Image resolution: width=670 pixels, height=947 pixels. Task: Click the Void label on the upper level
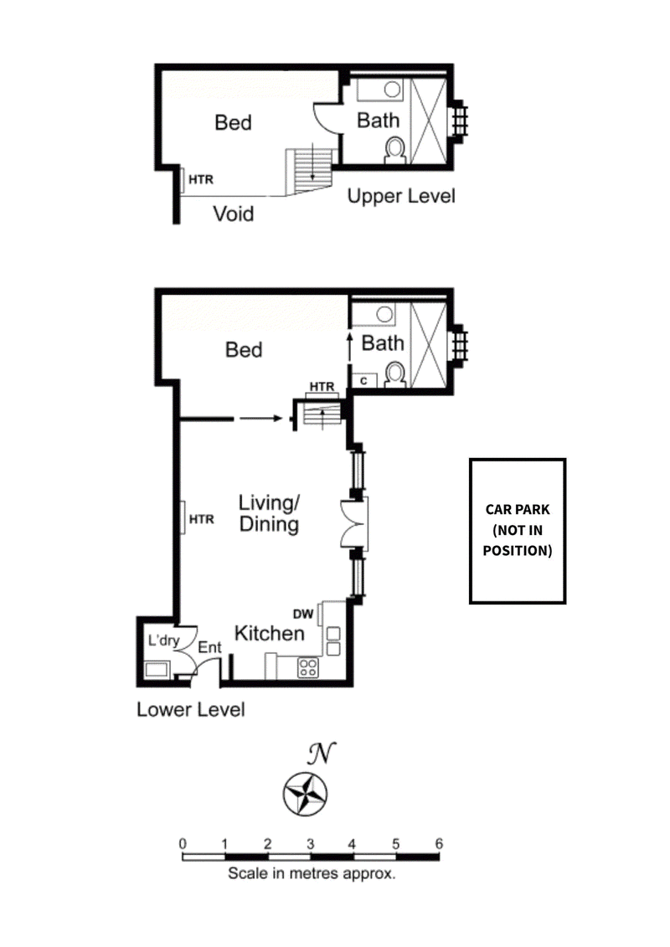click(x=233, y=214)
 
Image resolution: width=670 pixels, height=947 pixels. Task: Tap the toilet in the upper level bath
click(x=395, y=151)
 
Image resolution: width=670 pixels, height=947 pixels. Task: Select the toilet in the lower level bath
click(x=395, y=374)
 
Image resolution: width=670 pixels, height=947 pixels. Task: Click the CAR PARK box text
click(x=518, y=530)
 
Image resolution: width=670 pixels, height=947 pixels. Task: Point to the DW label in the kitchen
click(x=303, y=615)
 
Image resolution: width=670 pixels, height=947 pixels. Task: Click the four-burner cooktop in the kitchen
click(x=308, y=667)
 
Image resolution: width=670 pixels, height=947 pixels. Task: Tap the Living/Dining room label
click(x=270, y=513)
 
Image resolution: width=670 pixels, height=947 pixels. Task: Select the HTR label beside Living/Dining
click(x=202, y=519)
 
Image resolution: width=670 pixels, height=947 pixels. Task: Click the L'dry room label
click(x=163, y=641)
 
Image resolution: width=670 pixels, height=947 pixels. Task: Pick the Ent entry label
click(x=209, y=647)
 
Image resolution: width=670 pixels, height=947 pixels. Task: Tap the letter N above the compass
click(x=322, y=753)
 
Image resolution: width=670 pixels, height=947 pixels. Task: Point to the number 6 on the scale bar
click(x=439, y=844)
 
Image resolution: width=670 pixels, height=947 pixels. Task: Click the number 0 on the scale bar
click(x=183, y=844)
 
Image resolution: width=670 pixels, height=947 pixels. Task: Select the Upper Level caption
click(x=401, y=196)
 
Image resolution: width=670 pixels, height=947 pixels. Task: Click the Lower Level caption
click(x=191, y=709)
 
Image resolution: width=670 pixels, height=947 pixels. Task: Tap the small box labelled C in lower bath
click(x=363, y=381)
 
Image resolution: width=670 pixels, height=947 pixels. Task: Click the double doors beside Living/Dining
click(x=354, y=523)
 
